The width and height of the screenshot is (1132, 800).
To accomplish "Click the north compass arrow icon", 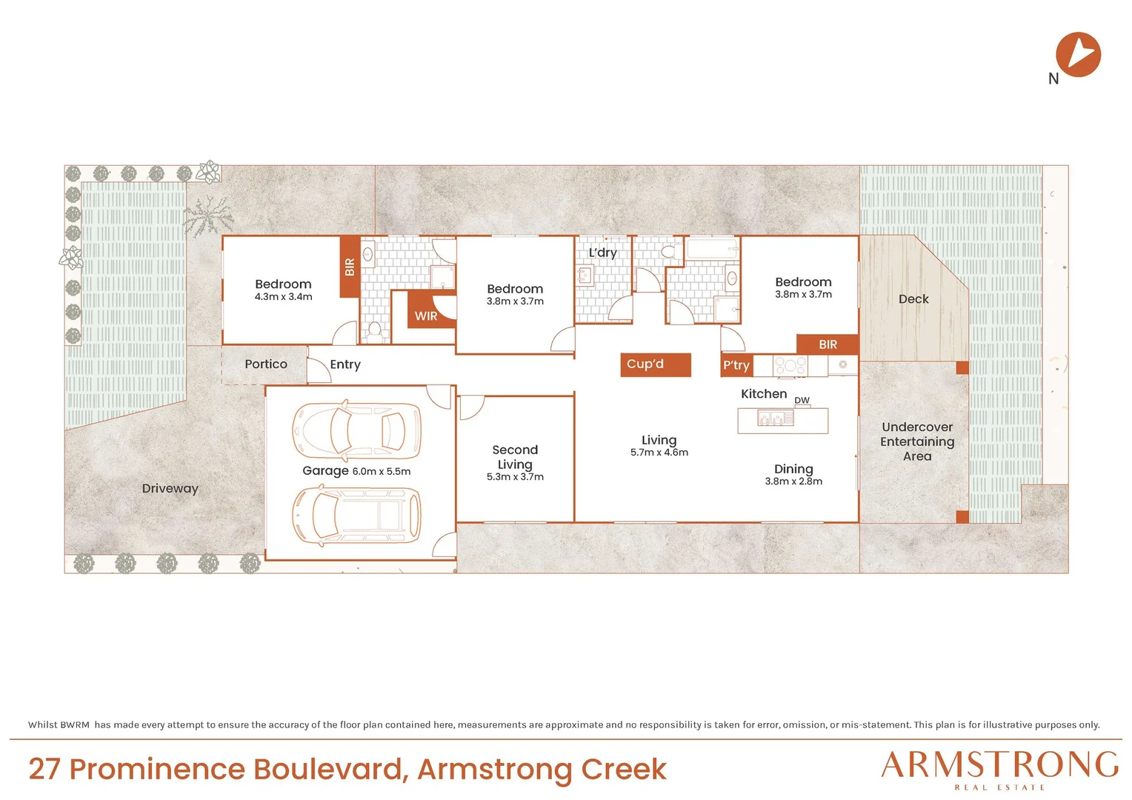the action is coord(1078,55).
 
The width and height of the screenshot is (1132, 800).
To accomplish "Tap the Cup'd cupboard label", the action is coord(645,364).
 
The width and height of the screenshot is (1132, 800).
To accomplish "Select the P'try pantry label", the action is coord(736,365).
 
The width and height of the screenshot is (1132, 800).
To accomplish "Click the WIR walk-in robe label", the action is coord(425,316).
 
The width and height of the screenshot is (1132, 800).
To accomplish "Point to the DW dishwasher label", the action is coord(802,400).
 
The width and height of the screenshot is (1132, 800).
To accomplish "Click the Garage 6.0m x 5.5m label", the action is coord(356,471).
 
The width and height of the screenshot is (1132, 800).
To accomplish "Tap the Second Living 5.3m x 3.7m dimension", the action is coord(515,476).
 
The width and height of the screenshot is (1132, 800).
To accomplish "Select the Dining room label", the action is coord(793,470).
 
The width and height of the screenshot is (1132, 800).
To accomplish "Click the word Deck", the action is coord(913,299).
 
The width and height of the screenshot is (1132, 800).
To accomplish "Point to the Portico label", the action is coord(266,364).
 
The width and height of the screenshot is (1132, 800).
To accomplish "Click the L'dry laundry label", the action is coord(602,253).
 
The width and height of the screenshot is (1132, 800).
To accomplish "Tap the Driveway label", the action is coord(170,489).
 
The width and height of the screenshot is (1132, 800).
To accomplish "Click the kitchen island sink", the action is coord(775,418).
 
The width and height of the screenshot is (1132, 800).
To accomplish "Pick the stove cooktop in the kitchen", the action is coord(790,366).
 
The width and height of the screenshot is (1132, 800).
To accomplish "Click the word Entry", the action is coord(345,365).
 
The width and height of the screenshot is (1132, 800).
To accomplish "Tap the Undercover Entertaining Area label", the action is coord(917,441).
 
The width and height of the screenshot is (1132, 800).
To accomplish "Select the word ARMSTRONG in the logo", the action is coord(999,764).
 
